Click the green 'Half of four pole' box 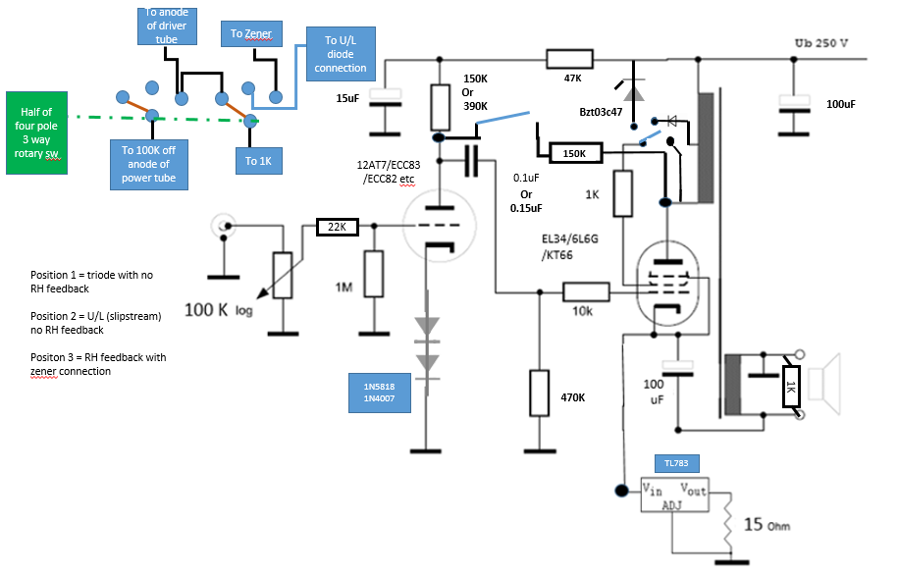tap(36, 132)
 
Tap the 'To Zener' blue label tap(251, 34)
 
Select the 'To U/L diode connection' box tap(341, 54)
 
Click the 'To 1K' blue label tap(259, 161)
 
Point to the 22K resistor tap(338, 227)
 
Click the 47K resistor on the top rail tap(570, 59)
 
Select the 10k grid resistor tap(586, 292)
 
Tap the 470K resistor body tap(540, 393)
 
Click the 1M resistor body tap(374, 274)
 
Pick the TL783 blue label tap(677, 463)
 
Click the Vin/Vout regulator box tap(674, 495)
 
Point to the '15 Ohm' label tap(766, 524)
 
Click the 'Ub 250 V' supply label tap(821, 43)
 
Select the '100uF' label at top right tap(841, 104)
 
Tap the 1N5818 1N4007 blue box tap(380, 393)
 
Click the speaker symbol tap(824, 385)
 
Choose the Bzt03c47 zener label tap(601, 112)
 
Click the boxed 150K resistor tap(575, 153)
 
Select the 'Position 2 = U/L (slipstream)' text tap(95, 316)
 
